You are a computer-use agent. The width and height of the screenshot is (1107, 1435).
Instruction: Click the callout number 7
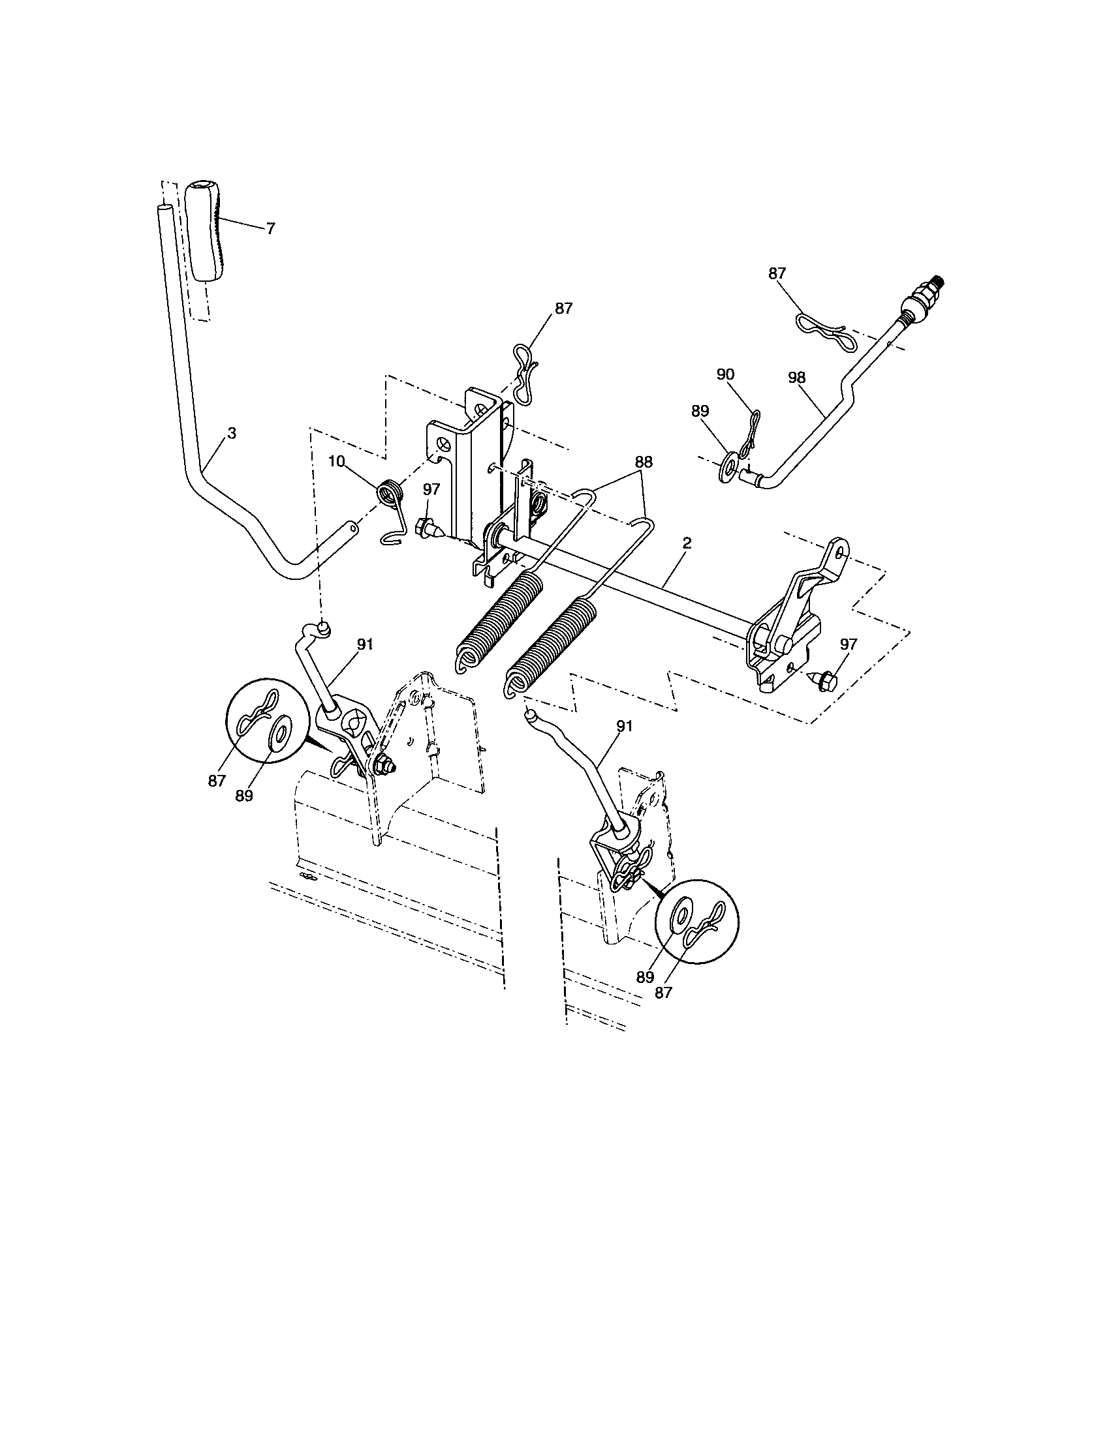pyautogui.click(x=271, y=229)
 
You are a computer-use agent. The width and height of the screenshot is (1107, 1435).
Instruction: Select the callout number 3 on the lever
pyautogui.click(x=232, y=434)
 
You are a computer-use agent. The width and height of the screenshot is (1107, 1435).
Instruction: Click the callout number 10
pyautogui.click(x=337, y=462)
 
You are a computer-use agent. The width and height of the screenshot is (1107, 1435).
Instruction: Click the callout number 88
pyautogui.click(x=643, y=462)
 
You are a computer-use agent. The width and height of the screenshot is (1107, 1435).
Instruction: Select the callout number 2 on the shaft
pyautogui.click(x=687, y=543)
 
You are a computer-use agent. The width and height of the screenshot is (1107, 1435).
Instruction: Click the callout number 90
pyautogui.click(x=725, y=374)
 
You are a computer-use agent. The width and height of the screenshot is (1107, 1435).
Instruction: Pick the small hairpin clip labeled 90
pyautogui.click(x=750, y=434)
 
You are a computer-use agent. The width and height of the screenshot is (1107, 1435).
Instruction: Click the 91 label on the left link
pyautogui.click(x=365, y=644)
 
